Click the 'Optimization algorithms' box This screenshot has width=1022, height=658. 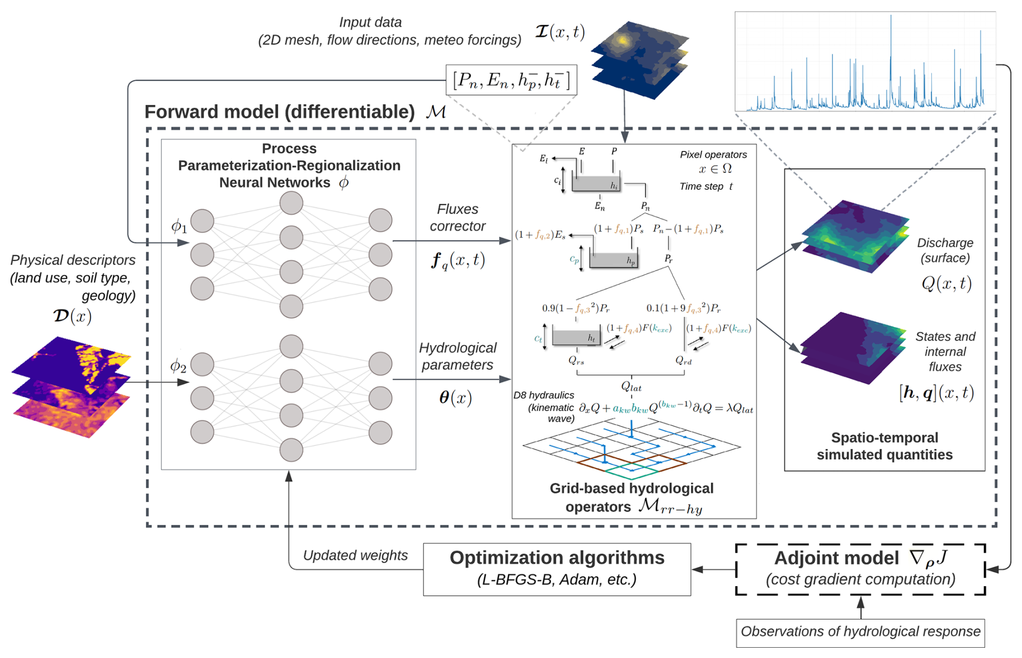[x=556, y=569]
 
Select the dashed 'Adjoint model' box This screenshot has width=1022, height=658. [x=860, y=569]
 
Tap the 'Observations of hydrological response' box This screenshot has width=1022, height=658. [x=860, y=632]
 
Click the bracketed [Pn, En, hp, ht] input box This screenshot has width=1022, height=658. [x=511, y=80]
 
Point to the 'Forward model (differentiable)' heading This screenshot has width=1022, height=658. [x=279, y=112]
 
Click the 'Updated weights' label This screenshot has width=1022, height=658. [x=355, y=555]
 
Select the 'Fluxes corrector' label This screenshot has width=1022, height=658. [x=458, y=217]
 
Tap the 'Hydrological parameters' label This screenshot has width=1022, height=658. [x=458, y=356]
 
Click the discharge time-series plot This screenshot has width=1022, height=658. [x=865, y=62]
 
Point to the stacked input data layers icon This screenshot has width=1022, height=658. [x=640, y=59]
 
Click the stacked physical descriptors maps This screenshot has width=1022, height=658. [x=71, y=386]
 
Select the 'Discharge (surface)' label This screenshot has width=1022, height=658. [x=945, y=250]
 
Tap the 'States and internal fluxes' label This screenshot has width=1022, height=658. [x=945, y=351]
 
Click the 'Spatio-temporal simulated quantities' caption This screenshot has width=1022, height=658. [x=884, y=446]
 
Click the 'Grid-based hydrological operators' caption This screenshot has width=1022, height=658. [x=631, y=497]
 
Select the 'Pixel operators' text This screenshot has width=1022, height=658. [x=713, y=155]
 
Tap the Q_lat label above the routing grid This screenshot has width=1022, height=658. [x=631, y=387]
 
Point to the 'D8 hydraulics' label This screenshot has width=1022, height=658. [x=544, y=395]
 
